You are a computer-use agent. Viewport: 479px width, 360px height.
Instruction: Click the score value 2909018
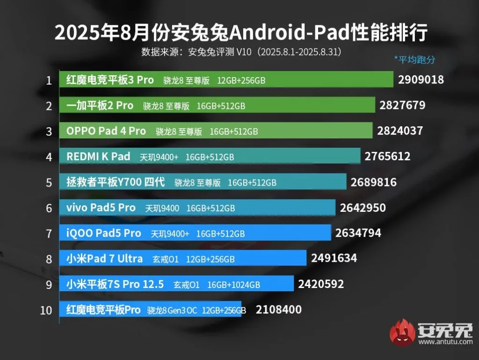click(421, 79)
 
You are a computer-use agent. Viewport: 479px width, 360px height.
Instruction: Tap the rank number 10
click(46, 310)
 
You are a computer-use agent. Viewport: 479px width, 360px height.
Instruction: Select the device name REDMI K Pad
click(98, 157)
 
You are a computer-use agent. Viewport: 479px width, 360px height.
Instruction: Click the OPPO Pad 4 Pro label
click(106, 131)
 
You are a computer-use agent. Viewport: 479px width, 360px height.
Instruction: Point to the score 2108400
click(278, 310)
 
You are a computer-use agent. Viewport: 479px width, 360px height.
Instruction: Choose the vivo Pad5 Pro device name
click(101, 208)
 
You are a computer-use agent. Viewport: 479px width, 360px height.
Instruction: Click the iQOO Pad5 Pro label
click(103, 233)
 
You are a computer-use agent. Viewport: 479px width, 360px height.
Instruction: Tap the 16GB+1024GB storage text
click(233, 284)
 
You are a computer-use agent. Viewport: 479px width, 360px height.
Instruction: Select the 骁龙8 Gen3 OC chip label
click(172, 310)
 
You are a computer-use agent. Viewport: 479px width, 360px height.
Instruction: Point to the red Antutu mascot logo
click(403, 333)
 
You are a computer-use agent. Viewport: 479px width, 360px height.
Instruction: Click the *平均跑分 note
click(414, 59)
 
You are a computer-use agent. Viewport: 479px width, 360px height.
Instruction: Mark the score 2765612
click(387, 156)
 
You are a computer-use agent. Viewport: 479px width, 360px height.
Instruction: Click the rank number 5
click(49, 182)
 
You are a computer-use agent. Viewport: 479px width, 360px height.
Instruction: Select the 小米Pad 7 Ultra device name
click(104, 259)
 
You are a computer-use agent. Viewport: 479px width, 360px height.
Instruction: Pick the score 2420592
click(320, 284)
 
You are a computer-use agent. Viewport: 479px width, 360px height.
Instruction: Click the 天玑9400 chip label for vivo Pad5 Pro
click(162, 208)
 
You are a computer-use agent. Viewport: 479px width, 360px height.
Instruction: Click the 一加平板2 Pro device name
click(100, 106)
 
